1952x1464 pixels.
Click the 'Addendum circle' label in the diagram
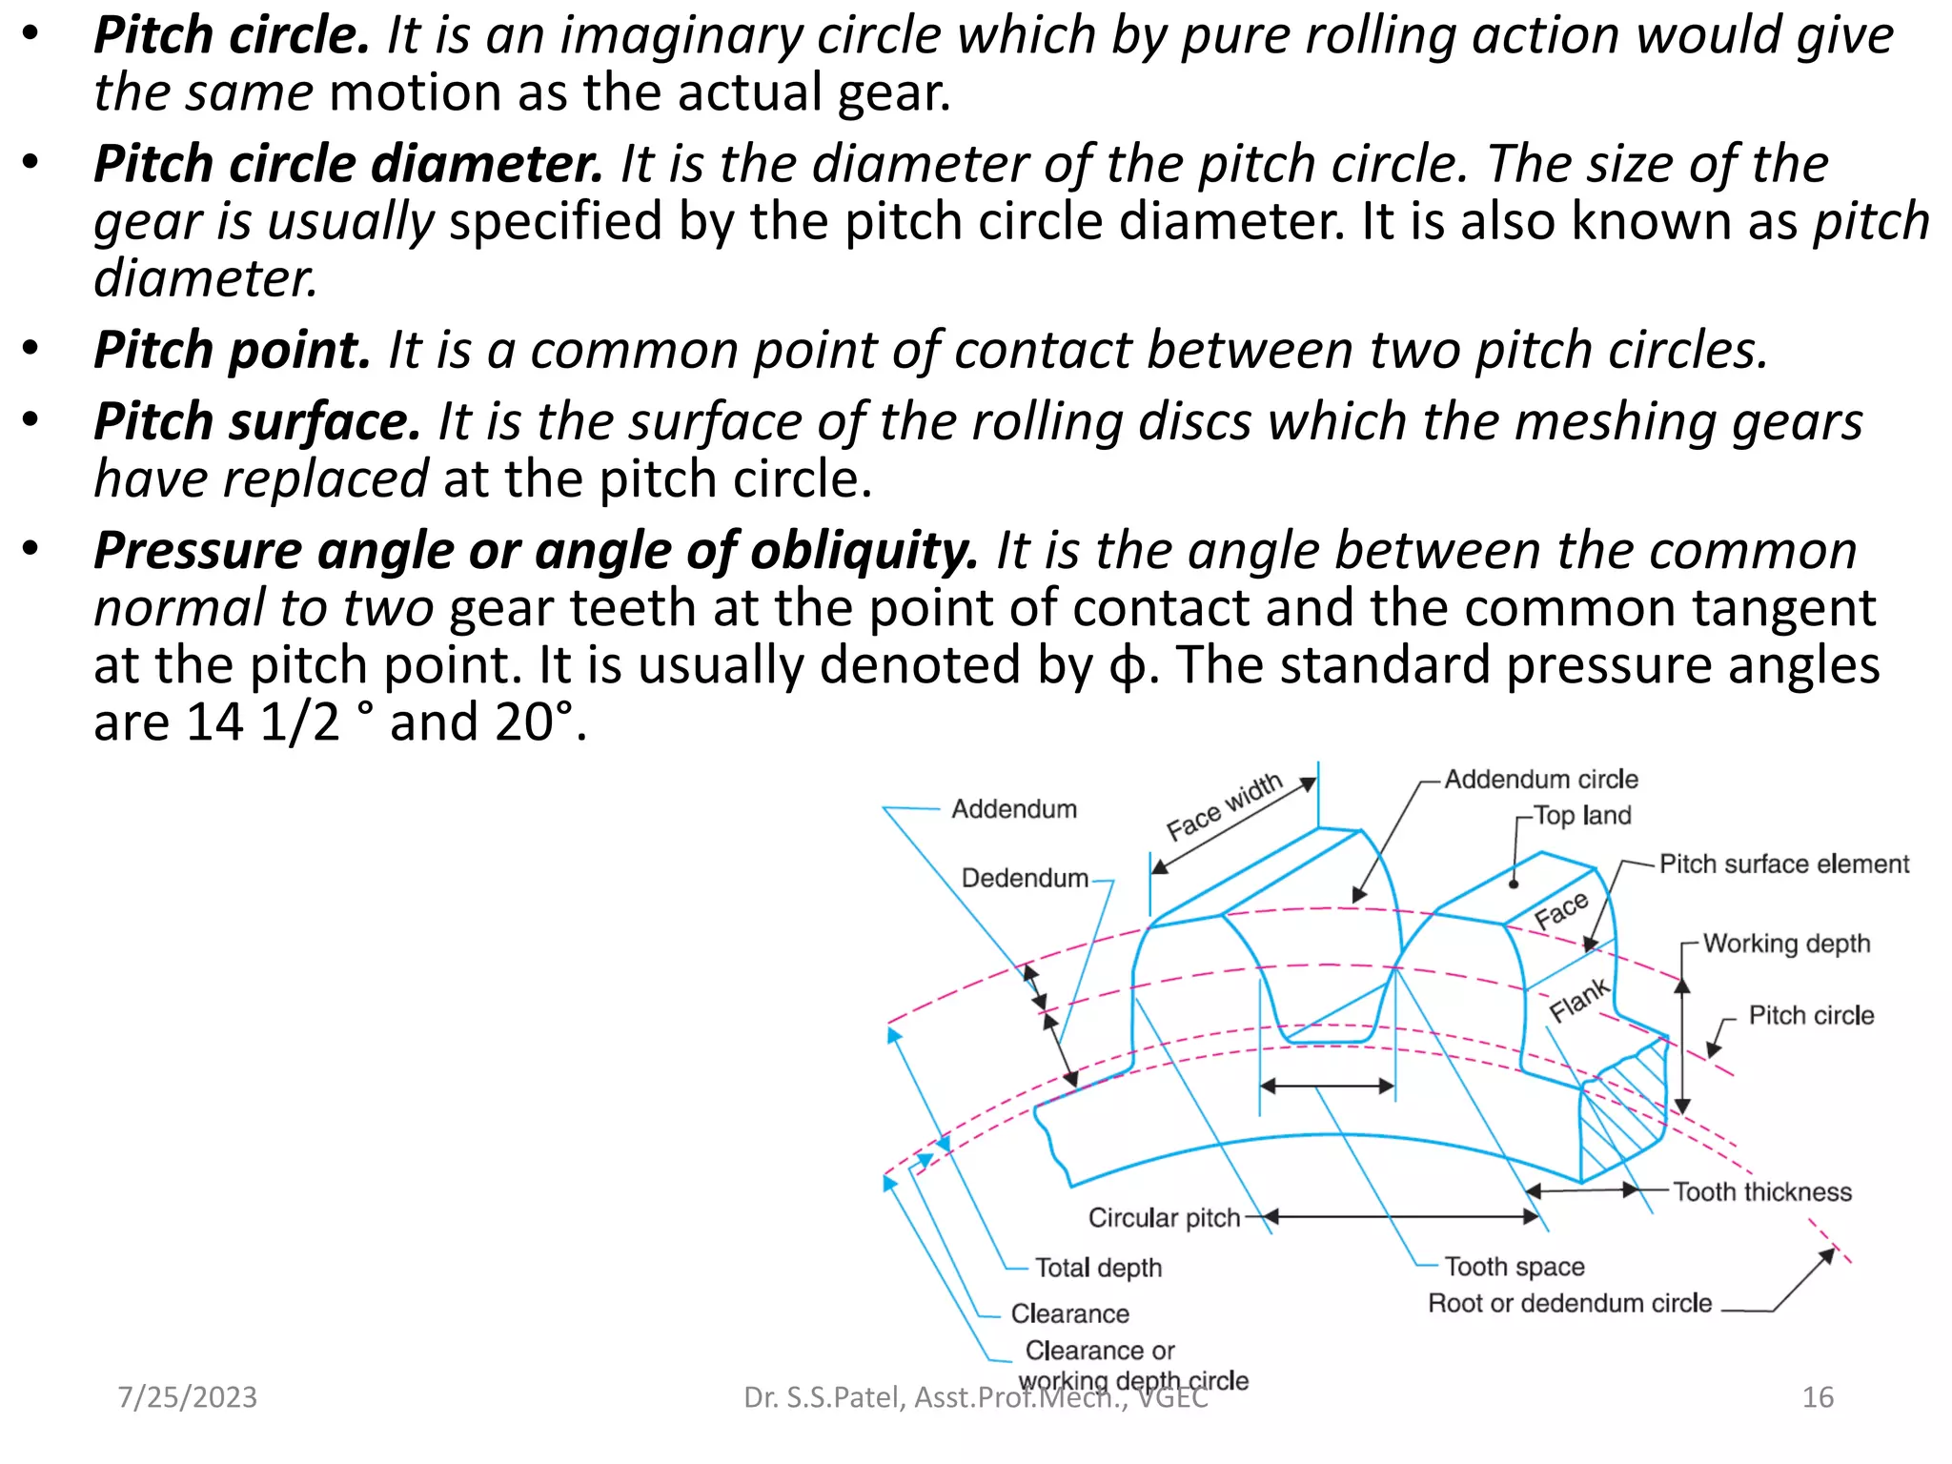pos(1540,780)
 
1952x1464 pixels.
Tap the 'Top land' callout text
pos(1582,816)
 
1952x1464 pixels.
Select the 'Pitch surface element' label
pos(1783,864)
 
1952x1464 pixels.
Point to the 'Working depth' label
pos(1786,944)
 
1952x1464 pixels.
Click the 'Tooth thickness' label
pos(1761,1192)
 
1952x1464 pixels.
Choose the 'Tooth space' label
pos(1514,1267)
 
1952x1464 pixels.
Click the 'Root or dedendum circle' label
pos(1569,1304)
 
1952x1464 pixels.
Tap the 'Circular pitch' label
pos(1164,1218)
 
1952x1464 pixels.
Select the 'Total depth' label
pos(1098,1269)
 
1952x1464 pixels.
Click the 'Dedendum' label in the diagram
pos(1024,879)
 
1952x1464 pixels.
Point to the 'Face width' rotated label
pos(1225,807)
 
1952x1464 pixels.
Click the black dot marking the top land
pos(1514,884)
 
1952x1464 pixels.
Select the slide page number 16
pos(1818,1397)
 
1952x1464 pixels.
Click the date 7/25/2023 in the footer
pos(187,1397)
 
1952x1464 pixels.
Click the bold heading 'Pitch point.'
pos(232,351)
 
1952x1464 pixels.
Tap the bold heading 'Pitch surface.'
pos(256,422)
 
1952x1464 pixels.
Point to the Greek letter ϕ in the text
pos(1128,666)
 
